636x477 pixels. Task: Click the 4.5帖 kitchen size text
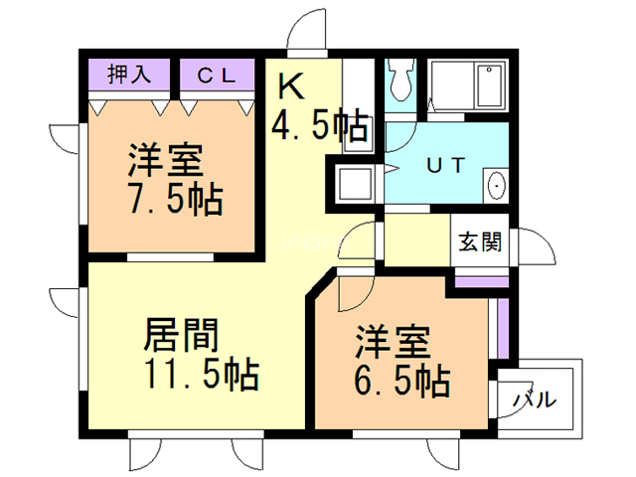(x=320, y=125)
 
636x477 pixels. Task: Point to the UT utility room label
(x=443, y=165)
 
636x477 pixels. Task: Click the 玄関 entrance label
(x=479, y=240)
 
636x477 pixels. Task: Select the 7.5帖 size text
(x=173, y=199)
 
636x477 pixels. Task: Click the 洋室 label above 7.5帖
(x=165, y=160)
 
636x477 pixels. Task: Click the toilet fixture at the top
(x=401, y=81)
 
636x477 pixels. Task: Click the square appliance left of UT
(x=352, y=184)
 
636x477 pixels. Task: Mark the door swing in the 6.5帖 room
(x=349, y=294)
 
